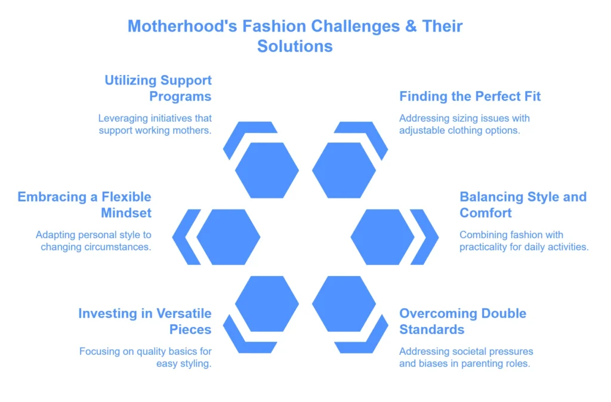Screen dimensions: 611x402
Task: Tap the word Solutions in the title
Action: tap(295, 47)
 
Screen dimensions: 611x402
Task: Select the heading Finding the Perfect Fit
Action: tap(470, 96)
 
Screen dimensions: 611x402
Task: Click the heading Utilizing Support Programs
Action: tap(158, 88)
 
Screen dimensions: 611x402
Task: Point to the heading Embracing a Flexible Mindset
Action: tap(85, 205)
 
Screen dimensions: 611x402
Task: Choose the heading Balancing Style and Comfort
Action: tap(523, 205)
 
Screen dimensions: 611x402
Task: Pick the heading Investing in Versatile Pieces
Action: tap(145, 321)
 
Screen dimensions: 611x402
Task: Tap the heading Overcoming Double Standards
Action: tap(463, 321)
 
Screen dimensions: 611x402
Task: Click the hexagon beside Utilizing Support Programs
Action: tap(267, 170)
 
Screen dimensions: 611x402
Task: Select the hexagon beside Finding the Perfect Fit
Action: tap(344, 170)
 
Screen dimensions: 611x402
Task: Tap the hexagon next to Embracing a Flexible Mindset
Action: tap(229, 237)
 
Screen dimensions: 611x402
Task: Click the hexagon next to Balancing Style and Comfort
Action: tap(382, 237)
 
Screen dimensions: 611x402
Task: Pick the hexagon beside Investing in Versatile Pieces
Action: tap(267, 304)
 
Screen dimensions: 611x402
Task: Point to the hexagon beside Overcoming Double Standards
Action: tap(344, 304)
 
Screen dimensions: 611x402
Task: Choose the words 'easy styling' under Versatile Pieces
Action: tap(184, 364)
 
